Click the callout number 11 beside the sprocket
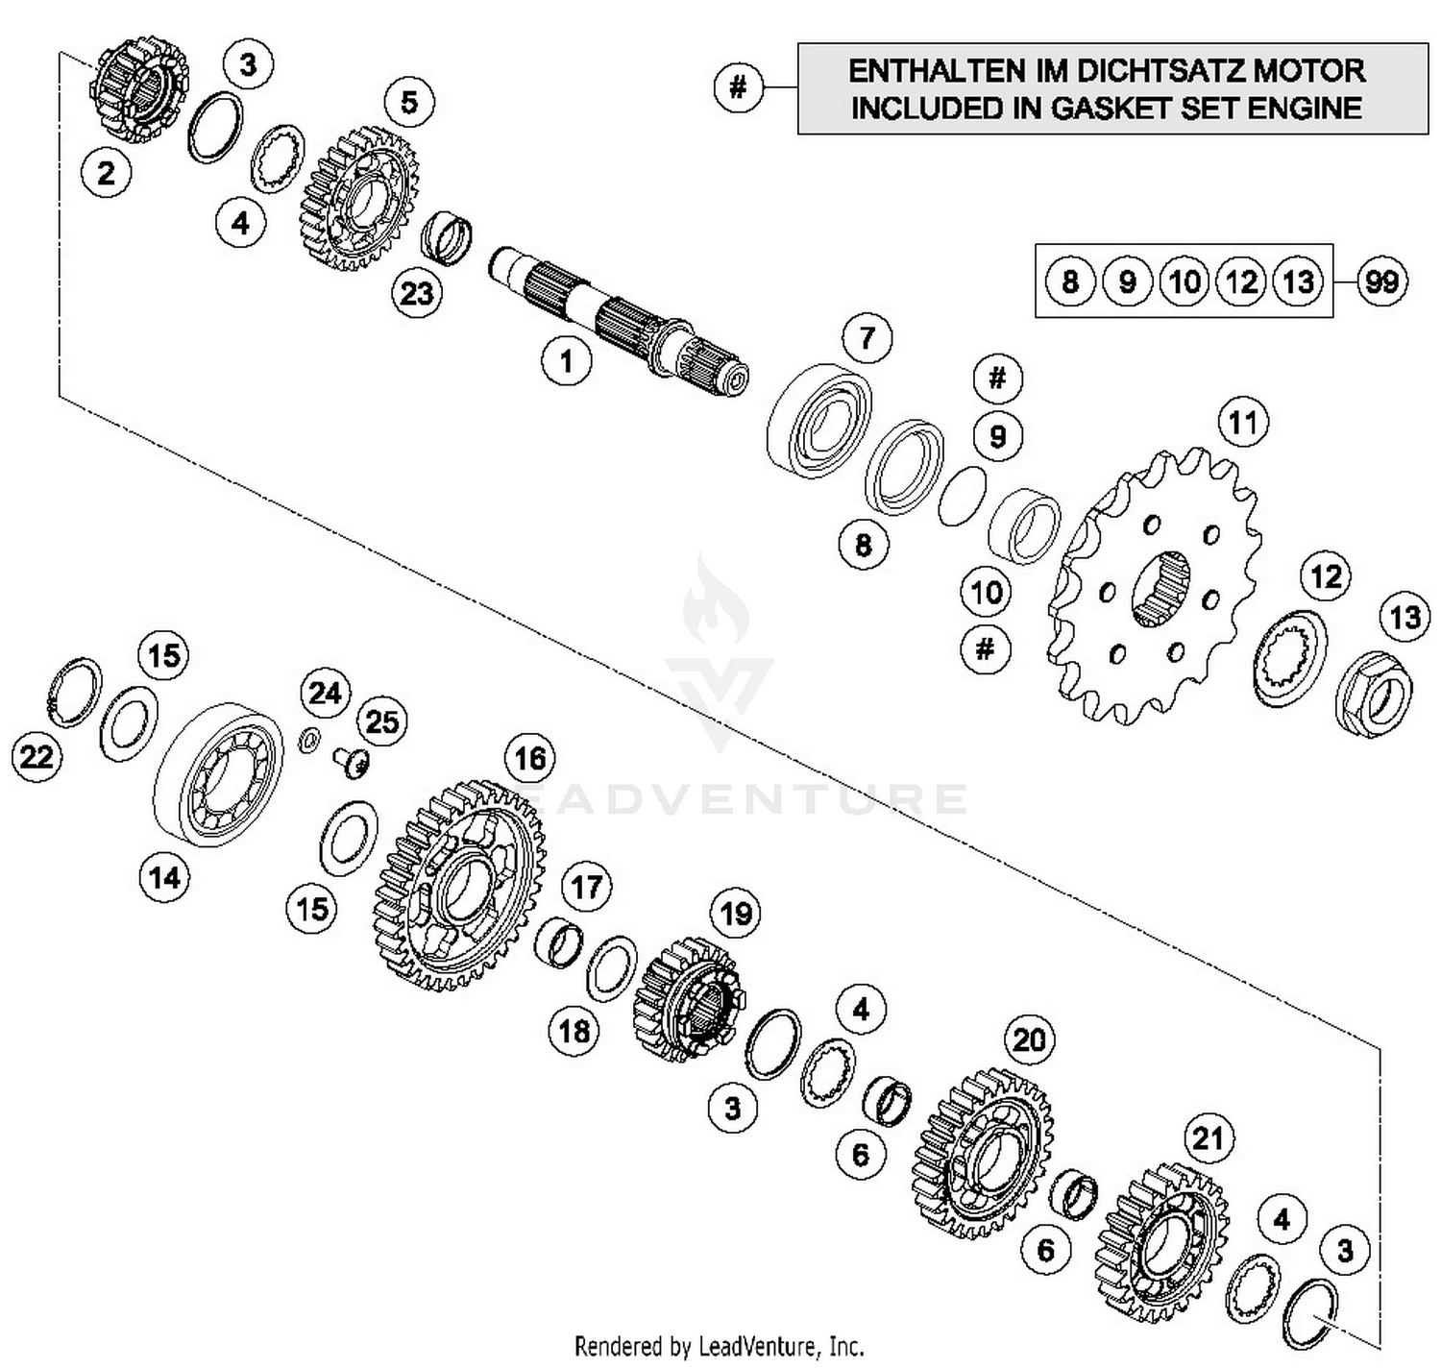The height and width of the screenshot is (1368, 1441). click(1243, 423)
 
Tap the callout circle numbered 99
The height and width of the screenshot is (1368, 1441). click(1381, 281)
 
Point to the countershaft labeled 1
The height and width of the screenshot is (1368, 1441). click(615, 312)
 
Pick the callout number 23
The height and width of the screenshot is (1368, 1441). click(416, 292)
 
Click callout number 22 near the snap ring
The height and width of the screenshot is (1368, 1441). click(37, 757)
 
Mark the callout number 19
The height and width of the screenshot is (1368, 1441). click(736, 913)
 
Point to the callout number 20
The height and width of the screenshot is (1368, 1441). click(1029, 1039)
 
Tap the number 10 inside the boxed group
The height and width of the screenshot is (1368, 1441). click(1184, 281)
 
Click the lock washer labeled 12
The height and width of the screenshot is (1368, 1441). click(1290, 658)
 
